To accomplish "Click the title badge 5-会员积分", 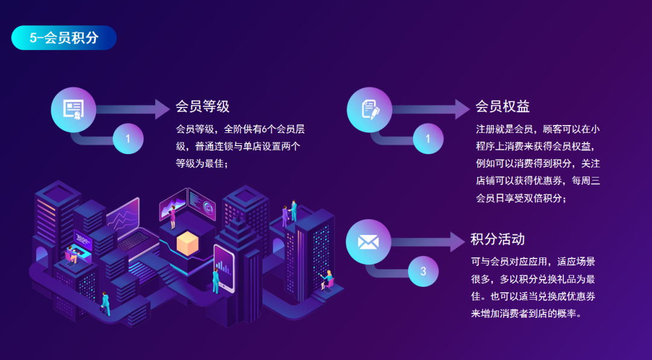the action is pyautogui.click(x=63, y=38).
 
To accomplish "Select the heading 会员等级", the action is pyautogui.click(x=202, y=106).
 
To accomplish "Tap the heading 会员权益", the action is pyautogui.click(x=503, y=106).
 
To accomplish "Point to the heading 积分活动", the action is pyautogui.click(x=497, y=239).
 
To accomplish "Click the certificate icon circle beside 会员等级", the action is pyautogui.click(x=74, y=110).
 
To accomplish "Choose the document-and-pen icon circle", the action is pyautogui.click(x=369, y=110).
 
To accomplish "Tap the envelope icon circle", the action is pyautogui.click(x=368, y=242).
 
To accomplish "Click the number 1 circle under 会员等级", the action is pyautogui.click(x=128, y=138).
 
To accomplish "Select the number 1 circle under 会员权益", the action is pyautogui.click(x=428, y=138).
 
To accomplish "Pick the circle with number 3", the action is pyautogui.click(x=423, y=271).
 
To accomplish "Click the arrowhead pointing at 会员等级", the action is pyautogui.click(x=162, y=109).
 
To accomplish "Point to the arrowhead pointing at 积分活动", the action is pyautogui.click(x=458, y=242).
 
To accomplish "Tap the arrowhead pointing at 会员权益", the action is pyautogui.click(x=462, y=109).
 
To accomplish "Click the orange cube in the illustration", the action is pyautogui.click(x=188, y=243).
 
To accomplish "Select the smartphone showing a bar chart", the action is pyautogui.click(x=225, y=268).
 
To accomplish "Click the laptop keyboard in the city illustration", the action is pyautogui.click(x=134, y=241).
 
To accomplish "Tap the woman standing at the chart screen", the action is pyautogui.click(x=171, y=216).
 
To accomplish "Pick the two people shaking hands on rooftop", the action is pyautogui.click(x=290, y=213).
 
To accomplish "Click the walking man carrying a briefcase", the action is pyautogui.click(x=105, y=304).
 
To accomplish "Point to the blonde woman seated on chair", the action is pyautogui.click(x=327, y=280).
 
